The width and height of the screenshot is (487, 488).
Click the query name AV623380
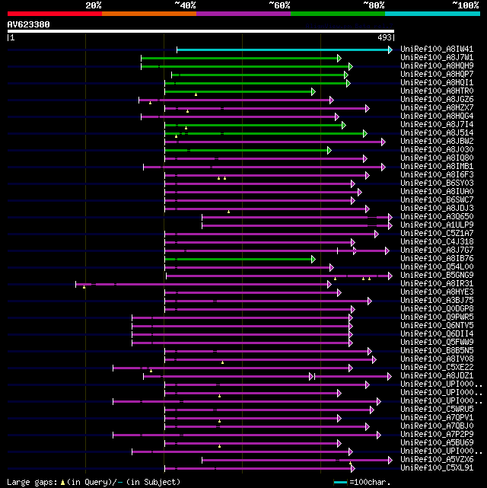pyautogui.click(x=29, y=24)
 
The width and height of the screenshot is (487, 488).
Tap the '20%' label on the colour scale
pyautogui.click(x=94, y=5)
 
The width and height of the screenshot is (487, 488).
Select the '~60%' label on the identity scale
pyautogui.click(x=279, y=5)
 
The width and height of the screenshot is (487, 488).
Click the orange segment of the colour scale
pyautogui.click(x=148, y=13)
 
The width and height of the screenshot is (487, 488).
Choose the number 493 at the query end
pyautogui.click(x=384, y=37)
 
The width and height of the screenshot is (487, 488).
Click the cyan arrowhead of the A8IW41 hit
pyautogui.click(x=390, y=49)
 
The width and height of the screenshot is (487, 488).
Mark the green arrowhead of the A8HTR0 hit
pyautogui.click(x=313, y=91)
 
